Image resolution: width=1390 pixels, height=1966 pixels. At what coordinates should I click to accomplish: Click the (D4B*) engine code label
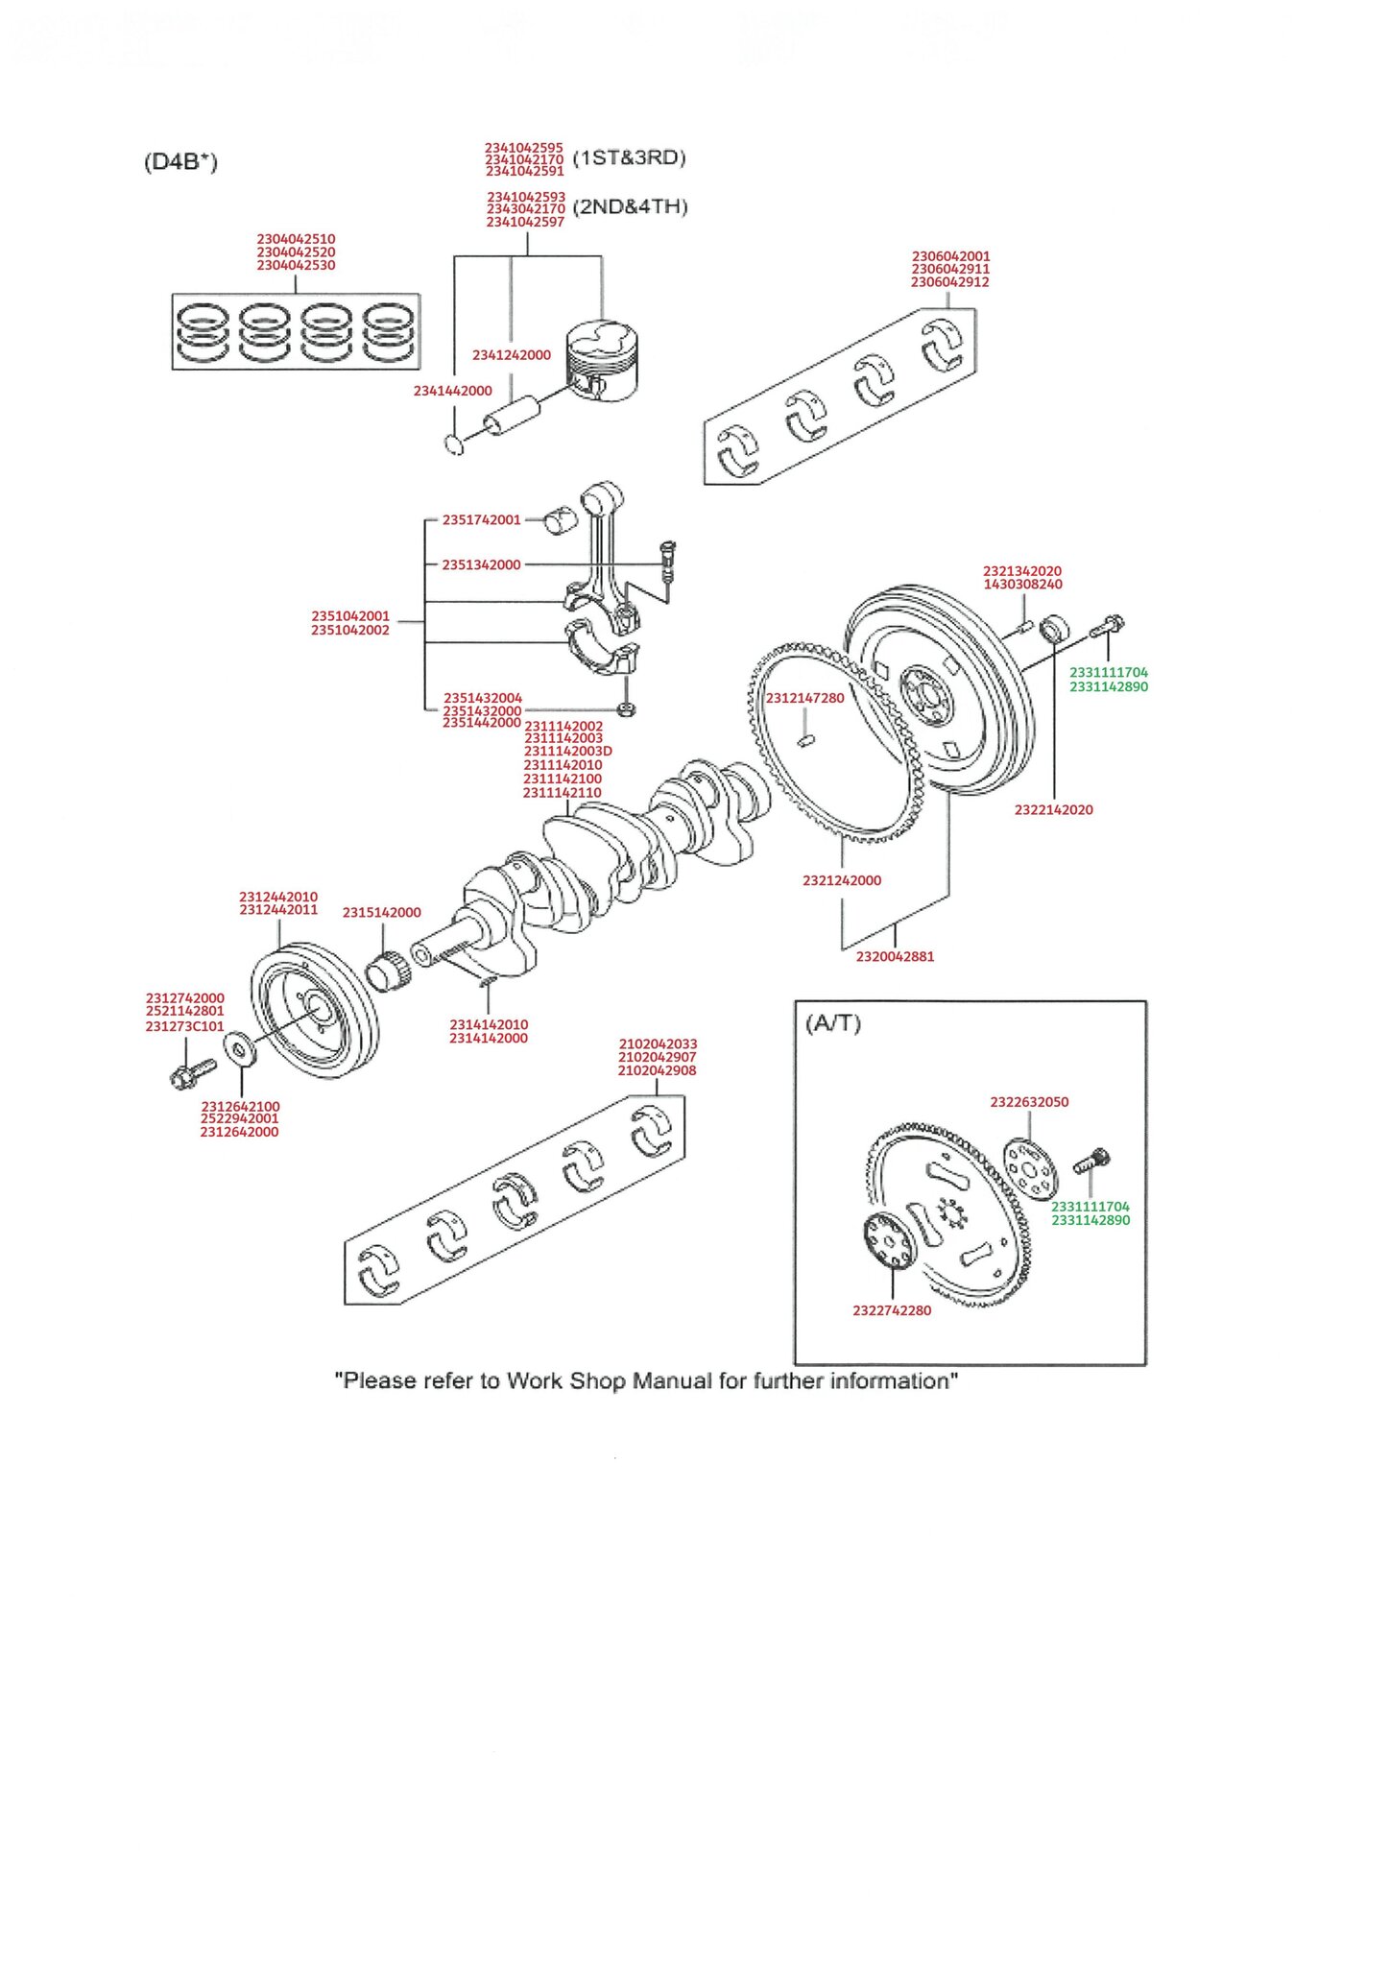coord(180,161)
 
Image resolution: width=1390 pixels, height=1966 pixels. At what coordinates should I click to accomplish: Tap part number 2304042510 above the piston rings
coord(296,239)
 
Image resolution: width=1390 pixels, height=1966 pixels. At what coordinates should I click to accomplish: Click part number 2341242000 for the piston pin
coord(511,355)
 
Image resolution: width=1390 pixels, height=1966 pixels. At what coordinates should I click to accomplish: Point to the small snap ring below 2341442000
coord(455,444)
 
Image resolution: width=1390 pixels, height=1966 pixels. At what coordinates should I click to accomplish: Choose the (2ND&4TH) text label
coord(630,207)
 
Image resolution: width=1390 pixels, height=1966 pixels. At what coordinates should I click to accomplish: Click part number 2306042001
coord(950,256)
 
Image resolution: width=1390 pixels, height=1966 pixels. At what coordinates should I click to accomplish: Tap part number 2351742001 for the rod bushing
coord(481,520)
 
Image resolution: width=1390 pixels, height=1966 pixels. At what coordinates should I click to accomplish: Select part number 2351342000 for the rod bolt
coord(481,564)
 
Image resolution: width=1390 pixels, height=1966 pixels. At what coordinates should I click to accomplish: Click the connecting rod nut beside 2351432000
coord(626,710)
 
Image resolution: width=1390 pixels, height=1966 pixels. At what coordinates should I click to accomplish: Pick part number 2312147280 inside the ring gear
coord(804,698)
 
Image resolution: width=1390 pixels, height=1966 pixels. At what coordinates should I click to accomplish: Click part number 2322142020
coord(1053,810)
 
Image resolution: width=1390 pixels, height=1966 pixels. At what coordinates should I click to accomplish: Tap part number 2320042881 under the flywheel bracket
coord(895,956)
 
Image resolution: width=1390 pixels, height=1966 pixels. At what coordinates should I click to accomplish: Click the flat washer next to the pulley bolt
coord(239,1048)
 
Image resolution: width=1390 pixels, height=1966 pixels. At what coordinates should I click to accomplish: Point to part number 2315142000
coord(381,913)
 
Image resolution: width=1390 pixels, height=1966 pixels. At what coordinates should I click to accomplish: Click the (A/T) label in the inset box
coord(833,1023)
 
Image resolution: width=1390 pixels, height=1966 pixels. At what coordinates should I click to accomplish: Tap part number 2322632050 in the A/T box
coord(1029,1102)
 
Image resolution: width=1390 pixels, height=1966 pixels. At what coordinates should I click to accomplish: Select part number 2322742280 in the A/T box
coord(892,1310)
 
